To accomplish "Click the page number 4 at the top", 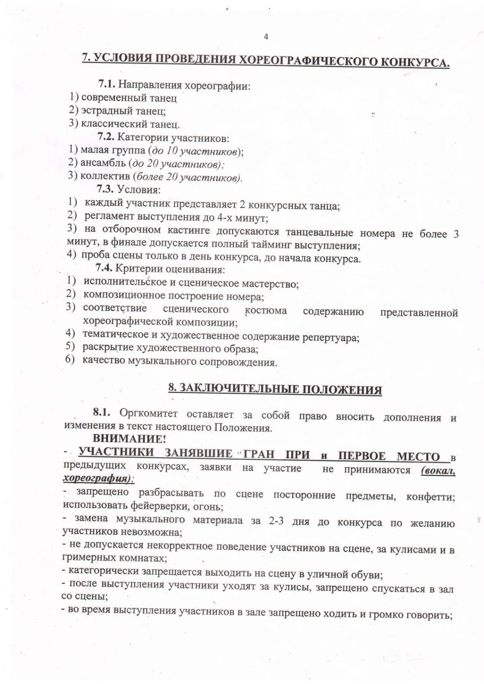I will point(266,37).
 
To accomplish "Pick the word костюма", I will point(266,311).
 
